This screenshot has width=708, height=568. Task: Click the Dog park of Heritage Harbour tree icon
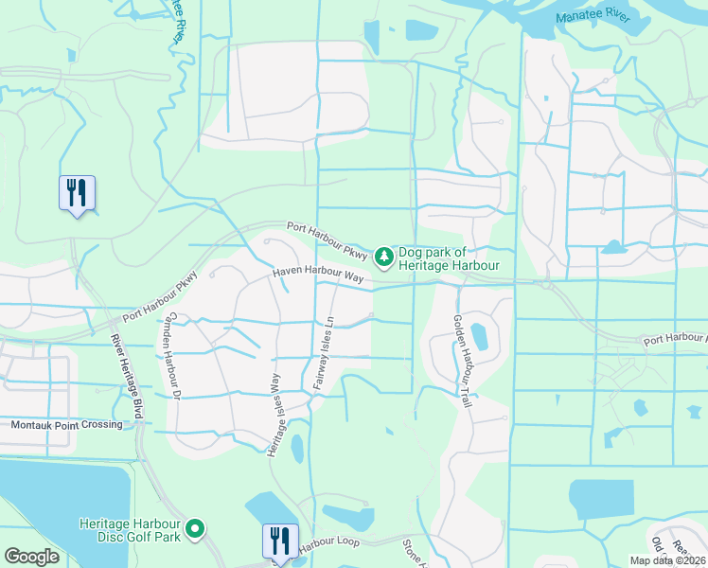coord(383,256)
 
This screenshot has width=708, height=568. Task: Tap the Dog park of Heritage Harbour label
coord(448,258)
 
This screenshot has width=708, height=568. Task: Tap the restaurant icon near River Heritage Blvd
coord(77,194)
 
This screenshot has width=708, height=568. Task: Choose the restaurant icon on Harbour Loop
coord(280,541)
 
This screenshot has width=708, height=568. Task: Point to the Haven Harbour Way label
coord(319,275)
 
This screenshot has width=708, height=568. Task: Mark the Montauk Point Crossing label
coord(66,425)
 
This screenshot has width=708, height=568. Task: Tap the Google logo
coord(32,557)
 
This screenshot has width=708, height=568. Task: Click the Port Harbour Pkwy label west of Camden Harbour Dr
coord(159,297)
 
